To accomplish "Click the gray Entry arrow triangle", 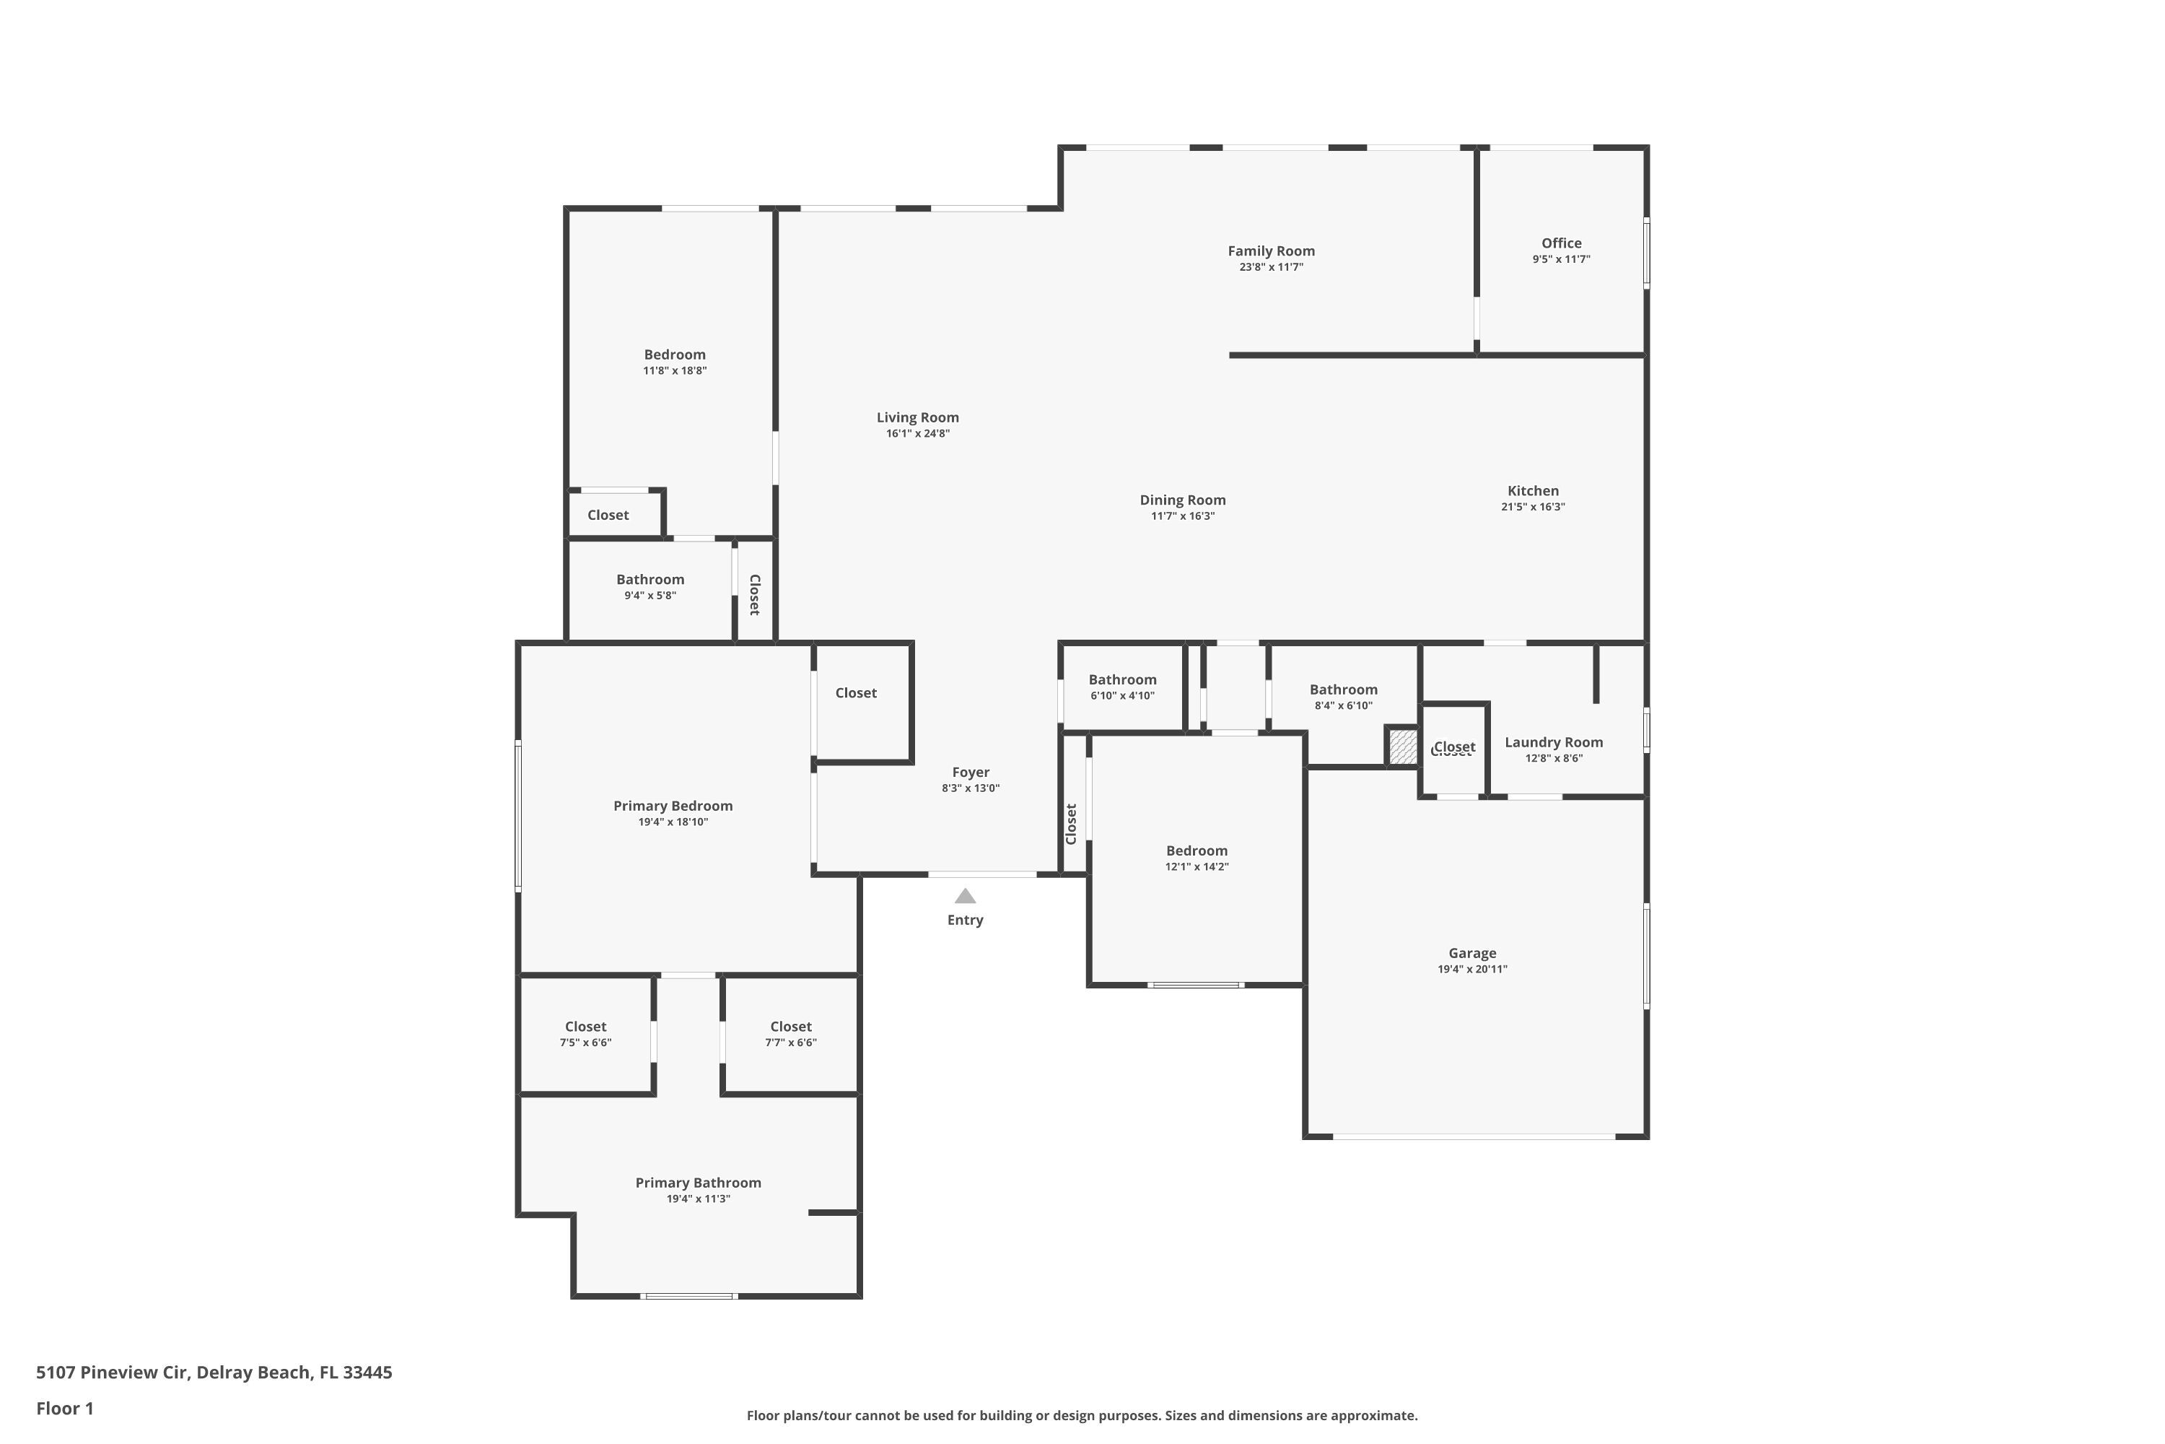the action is [x=965, y=896].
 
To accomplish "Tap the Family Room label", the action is [x=1271, y=251].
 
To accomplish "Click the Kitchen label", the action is [x=1533, y=491].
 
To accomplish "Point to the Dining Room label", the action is [x=1183, y=500].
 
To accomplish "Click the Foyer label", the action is [x=970, y=773].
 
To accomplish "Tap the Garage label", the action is [x=1472, y=953].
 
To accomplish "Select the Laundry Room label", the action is [x=1554, y=742].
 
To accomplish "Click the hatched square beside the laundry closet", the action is [x=1403, y=746].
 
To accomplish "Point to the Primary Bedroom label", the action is [x=673, y=806].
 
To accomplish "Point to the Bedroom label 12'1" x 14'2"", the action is [x=1197, y=851].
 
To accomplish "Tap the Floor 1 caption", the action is [x=64, y=1408].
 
